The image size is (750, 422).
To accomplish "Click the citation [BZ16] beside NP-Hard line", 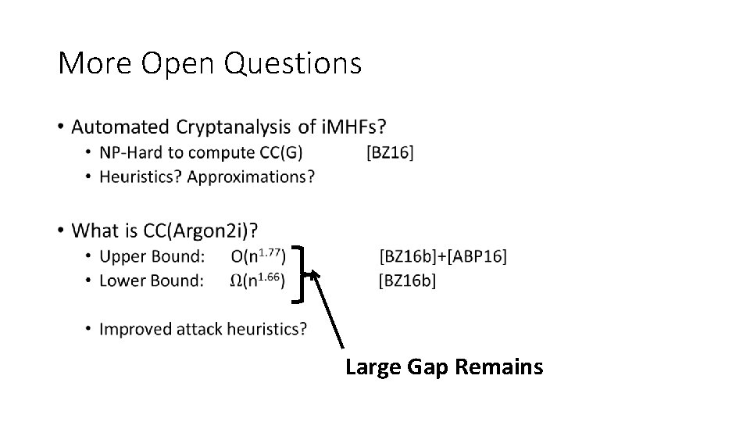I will (389, 152).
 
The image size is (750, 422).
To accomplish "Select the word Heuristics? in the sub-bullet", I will (141, 177).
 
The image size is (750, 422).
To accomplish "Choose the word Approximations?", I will (252, 177).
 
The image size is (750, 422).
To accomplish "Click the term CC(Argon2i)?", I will (202, 231).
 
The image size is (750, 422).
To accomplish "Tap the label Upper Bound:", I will (152, 256).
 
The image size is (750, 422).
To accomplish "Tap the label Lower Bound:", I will (152, 280).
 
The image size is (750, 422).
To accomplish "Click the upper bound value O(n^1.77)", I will (259, 256).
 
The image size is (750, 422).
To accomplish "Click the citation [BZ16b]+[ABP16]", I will (443, 256).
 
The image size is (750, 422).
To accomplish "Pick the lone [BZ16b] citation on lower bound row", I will (407, 281).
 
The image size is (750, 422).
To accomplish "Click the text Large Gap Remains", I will (444, 367).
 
